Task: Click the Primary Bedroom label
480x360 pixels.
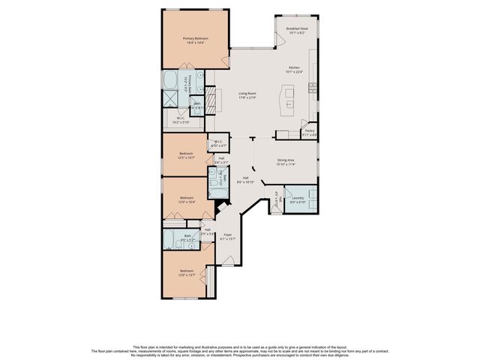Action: point(195,40)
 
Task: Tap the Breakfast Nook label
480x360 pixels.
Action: point(297,31)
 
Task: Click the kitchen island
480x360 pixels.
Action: point(286,98)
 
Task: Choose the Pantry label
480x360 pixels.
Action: point(309,133)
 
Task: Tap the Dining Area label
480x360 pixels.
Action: point(285,161)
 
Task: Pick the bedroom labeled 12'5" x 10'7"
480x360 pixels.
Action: point(185,156)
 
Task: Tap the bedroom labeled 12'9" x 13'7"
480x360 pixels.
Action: point(186,272)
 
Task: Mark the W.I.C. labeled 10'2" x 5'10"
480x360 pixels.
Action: point(181,120)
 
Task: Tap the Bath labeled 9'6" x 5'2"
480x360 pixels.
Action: point(187,239)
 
